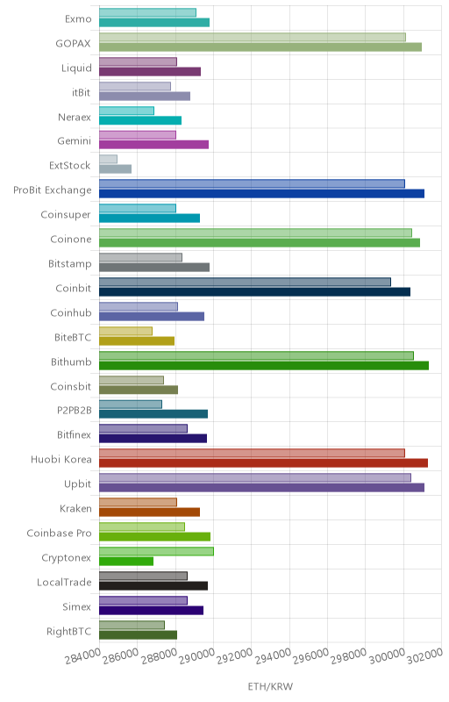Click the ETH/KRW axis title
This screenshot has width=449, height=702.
pyautogui.click(x=270, y=686)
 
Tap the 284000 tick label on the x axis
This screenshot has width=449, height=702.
pyautogui.click(x=82, y=656)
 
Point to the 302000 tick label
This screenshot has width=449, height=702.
pyautogui.click(x=424, y=656)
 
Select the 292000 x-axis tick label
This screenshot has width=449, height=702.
pyautogui.click(x=235, y=656)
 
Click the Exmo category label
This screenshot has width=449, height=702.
pyautogui.click(x=78, y=18)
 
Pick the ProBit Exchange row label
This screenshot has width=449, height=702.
pyautogui.click(x=53, y=190)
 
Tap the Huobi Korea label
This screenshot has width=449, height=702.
pyautogui.click(x=61, y=459)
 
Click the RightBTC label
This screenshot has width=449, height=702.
pyautogui.click(x=69, y=631)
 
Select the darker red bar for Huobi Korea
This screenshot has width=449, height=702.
pyautogui.click(x=263, y=463)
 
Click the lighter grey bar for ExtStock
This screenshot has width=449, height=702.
pyautogui.click(x=108, y=159)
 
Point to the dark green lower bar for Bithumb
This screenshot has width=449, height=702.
pyautogui.click(x=264, y=365)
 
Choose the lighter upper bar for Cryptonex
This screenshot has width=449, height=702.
pyautogui.click(x=156, y=551)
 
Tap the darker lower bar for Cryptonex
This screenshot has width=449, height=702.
pyautogui.click(x=126, y=561)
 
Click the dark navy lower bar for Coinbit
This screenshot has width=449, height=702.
pyautogui.click(x=255, y=292)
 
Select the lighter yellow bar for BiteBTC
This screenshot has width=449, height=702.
pyautogui.click(x=125, y=331)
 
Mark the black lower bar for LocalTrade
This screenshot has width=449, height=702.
pyautogui.click(x=153, y=585)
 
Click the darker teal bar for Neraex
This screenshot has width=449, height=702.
pyautogui.click(x=140, y=120)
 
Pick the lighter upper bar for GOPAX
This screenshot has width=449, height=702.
pyautogui.click(x=253, y=37)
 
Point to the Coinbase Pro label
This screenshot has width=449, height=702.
pyautogui.click(x=59, y=534)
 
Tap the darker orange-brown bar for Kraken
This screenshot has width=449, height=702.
pyautogui.click(x=149, y=512)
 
